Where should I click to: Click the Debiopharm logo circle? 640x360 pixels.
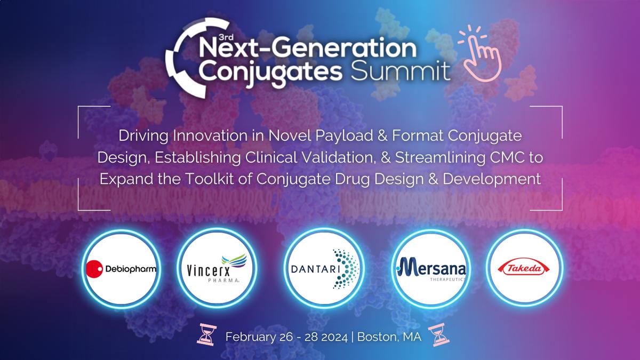(x=121, y=269)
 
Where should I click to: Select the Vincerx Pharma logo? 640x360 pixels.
(x=217, y=269)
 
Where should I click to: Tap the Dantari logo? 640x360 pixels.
(x=324, y=269)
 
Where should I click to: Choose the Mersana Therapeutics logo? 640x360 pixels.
(x=431, y=269)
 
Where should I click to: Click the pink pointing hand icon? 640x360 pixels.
(x=480, y=53)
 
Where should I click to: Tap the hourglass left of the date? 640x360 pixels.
(x=206, y=334)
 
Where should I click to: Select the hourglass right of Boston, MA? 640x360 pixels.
(x=438, y=334)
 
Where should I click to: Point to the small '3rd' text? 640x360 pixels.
(x=226, y=37)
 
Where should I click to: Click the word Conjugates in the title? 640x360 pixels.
(x=270, y=71)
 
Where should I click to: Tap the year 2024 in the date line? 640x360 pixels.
(x=334, y=337)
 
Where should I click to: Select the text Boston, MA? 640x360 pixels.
(x=389, y=337)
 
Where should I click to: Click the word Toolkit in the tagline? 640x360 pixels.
(x=210, y=179)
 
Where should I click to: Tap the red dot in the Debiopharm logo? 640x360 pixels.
(x=94, y=269)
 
